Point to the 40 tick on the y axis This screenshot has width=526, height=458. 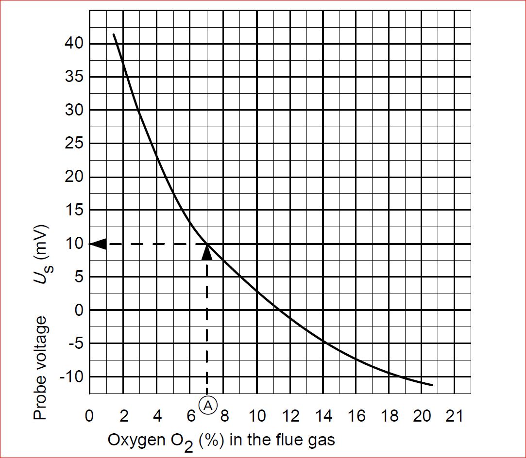pyautogui.click(x=74, y=44)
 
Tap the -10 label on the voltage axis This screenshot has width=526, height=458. pyautogui.click(x=71, y=376)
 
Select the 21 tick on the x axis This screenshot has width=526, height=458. pyautogui.click(x=455, y=416)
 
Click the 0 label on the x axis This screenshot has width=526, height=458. pyautogui.click(x=90, y=416)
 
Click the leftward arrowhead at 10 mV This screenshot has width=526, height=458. pyautogui.click(x=98, y=244)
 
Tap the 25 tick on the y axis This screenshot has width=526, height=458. pyautogui.click(x=74, y=144)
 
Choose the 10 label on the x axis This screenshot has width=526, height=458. pyautogui.click(x=257, y=416)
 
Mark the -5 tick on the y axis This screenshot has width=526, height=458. pyautogui.click(x=74, y=343)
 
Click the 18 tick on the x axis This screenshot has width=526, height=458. pyautogui.click(x=390, y=416)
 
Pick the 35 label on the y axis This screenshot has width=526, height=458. pyautogui.click(x=74, y=77)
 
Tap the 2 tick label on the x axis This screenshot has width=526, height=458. pyautogui.click(x=124, y=416)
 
